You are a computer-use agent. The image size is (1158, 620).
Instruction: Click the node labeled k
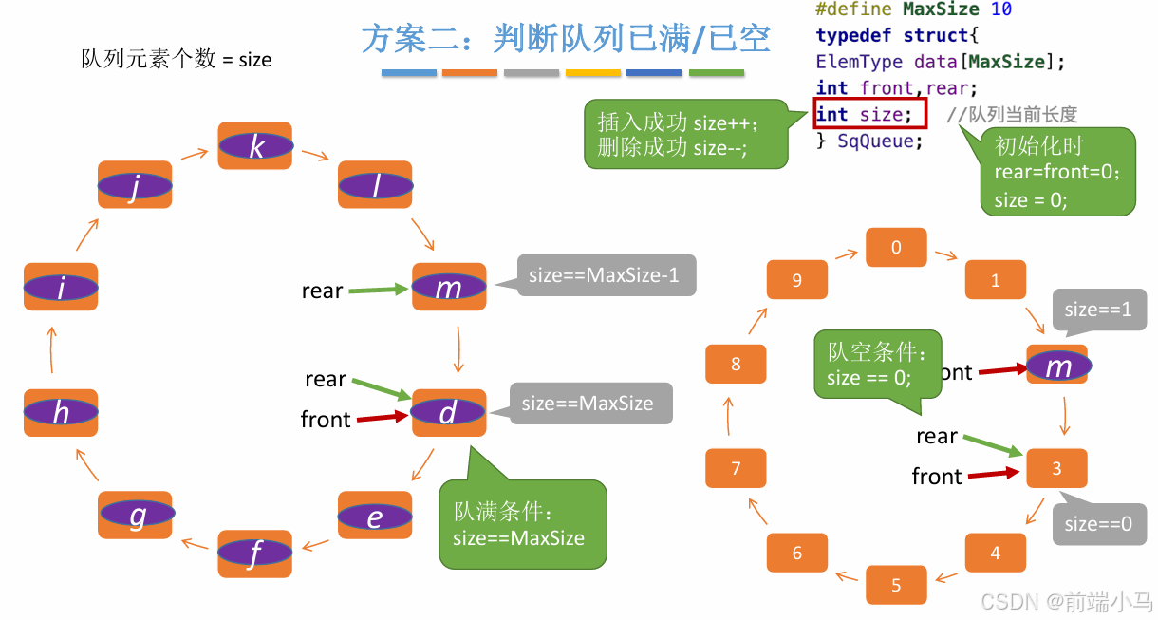point(255,145)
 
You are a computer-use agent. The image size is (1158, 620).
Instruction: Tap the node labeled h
point(61,412)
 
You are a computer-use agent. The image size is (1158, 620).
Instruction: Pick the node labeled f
point(254,554)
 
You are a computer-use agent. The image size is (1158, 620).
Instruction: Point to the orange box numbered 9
point(796,280)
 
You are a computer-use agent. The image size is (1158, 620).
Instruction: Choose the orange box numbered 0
point(896,248)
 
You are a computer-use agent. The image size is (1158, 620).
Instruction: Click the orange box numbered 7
point(736,468)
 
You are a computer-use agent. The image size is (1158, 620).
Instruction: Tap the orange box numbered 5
point(896,585)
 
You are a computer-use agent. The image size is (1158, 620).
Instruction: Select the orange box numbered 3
point(1056,468)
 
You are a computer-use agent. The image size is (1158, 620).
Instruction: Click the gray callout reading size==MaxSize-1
point(604,276)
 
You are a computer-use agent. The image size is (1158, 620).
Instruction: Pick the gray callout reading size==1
point(1099,310)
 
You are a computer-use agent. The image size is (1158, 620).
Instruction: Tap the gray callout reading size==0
point(1099,524)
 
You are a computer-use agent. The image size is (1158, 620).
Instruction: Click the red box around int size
point(868,114)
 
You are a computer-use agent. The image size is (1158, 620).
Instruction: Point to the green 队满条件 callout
point(522,525)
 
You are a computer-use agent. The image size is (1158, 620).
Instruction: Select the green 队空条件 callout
point(877,366)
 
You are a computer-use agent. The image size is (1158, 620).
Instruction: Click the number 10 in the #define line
point(1000,9)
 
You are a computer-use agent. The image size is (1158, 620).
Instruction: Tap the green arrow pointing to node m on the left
point(379,290)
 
